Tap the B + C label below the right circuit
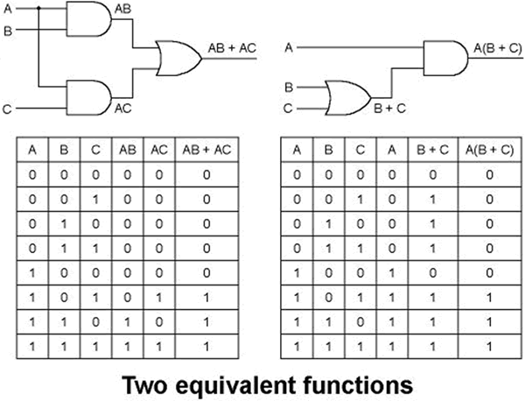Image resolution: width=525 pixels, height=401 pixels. point(389,109)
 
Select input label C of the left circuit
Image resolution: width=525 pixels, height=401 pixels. point(6,109)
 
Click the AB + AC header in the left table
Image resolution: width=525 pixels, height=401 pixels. point(206,151)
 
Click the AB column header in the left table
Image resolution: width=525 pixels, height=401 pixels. point(128,151)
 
